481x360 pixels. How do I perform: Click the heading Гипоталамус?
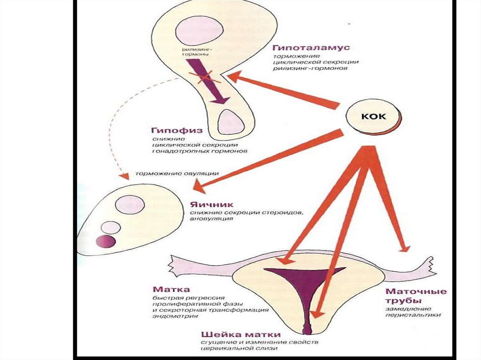click(311, 48)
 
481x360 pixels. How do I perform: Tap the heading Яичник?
click(208, 205)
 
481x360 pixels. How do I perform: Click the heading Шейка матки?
click(241, 335)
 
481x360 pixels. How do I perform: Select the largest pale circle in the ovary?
click(129, 205)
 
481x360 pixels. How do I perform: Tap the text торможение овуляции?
click(177, 173)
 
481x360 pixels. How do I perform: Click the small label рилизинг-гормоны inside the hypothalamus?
click(194, 51)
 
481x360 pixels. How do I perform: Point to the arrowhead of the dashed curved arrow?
click(124, 176)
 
